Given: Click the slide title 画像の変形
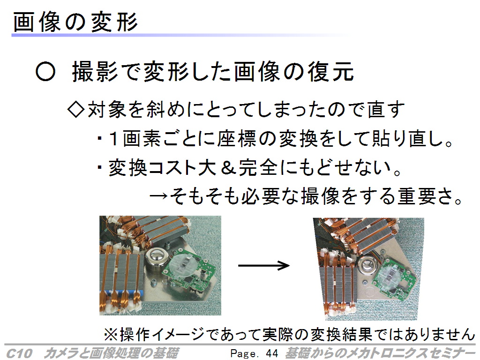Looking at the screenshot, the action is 75,22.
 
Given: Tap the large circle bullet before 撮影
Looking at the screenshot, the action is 45,72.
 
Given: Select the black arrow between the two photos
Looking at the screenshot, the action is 263,265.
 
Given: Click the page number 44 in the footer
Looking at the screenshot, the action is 272,353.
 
